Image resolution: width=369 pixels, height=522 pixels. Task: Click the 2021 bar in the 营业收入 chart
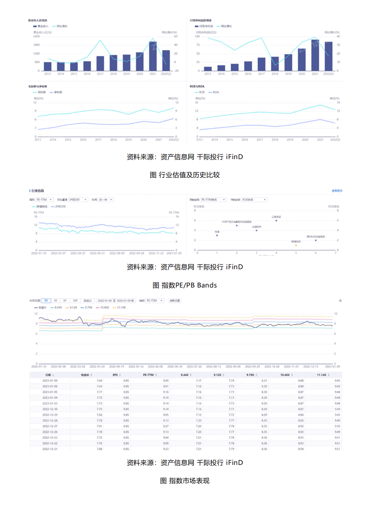[153, 56]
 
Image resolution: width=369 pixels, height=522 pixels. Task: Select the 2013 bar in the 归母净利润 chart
[208, 69]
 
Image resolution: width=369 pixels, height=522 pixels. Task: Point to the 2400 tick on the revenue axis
[36, 37]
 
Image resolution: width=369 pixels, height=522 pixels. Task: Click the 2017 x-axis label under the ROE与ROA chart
[260, 140]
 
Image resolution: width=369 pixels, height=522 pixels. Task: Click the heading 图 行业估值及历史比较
[185, 175]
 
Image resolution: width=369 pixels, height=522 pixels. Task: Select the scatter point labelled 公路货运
[276, 221]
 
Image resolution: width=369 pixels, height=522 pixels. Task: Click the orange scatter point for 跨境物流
[296, 245]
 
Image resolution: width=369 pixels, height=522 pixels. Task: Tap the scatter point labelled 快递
[217, 235]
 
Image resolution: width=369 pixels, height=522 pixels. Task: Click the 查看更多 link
[337, 191]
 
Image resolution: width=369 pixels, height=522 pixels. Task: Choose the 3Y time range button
[56, 301]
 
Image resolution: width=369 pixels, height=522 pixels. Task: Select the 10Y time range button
[75, 301]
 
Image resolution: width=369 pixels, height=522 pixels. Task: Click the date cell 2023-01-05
[50, 392]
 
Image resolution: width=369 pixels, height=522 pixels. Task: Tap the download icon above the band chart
[340, 300]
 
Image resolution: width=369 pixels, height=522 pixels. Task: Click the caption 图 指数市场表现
[185, 481]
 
